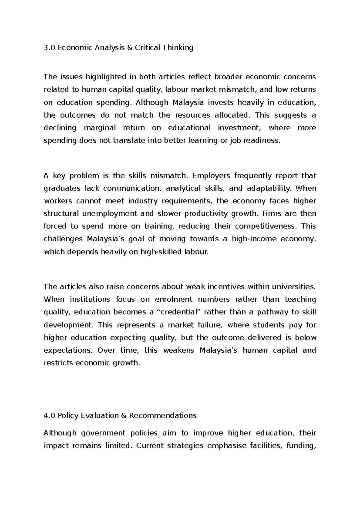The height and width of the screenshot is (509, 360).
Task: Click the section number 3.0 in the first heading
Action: tap(49, 48)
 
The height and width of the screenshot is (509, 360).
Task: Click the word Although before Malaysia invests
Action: tap(152, 103)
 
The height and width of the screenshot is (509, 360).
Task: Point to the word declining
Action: tap(60, 128)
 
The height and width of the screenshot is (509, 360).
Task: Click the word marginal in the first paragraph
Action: tap(100, 128)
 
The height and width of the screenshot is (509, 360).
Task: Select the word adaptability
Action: tap(268, 188)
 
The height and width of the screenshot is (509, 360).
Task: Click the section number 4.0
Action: tap(49, 416)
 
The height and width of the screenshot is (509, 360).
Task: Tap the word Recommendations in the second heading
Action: tap(163, 416)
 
